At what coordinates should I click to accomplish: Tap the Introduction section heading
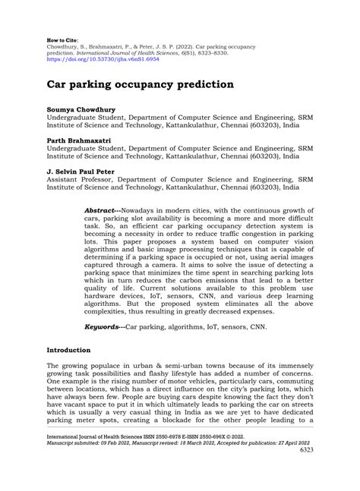(x=69, y=351)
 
